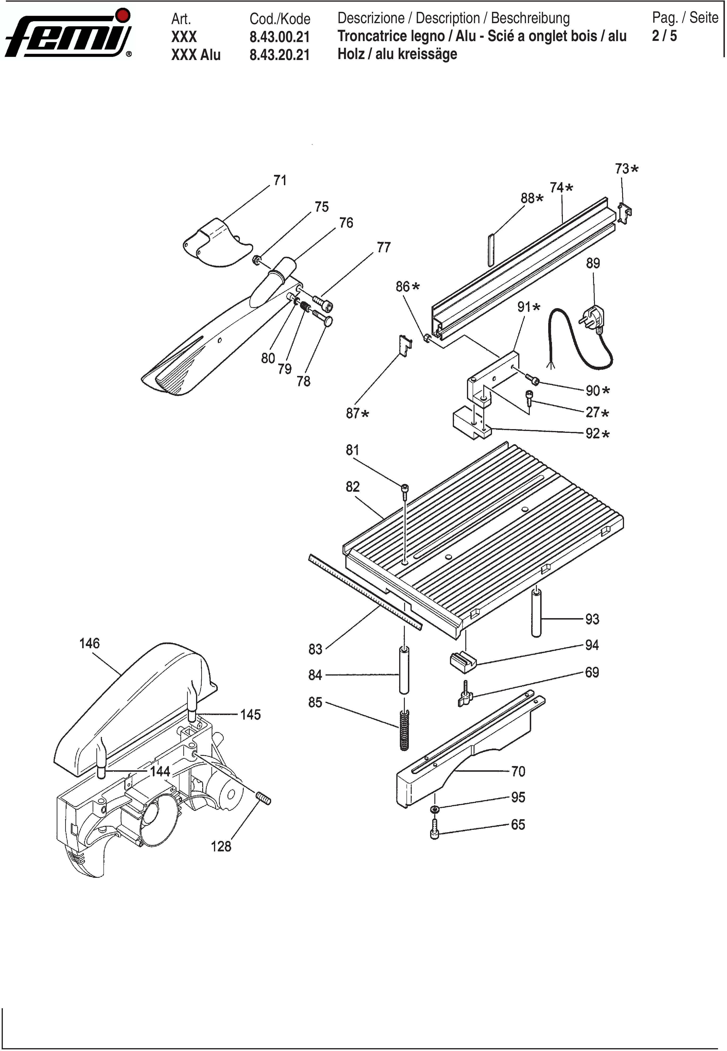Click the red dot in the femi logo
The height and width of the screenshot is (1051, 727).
(x=123, y=15)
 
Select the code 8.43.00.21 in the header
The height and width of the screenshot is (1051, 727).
(x=280, y=36)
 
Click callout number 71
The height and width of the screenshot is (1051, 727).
(x=280, y=181)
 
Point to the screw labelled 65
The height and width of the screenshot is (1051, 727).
(x=434, y=828)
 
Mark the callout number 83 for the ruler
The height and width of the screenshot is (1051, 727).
(x=315, y=649)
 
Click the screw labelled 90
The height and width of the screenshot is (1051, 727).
(x=532, y=379)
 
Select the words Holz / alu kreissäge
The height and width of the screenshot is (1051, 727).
(x=397, y=54)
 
